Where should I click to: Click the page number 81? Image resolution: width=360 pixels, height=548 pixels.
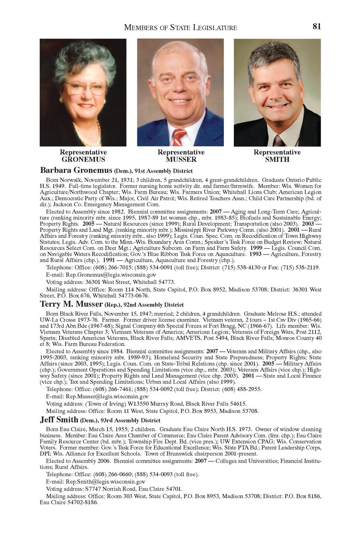(316, 27)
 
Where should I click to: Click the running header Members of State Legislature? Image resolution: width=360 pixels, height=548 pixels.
(181, 27)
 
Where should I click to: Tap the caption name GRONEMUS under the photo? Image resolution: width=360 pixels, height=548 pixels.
(83, 160)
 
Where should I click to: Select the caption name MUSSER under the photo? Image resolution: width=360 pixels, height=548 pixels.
(181, 160)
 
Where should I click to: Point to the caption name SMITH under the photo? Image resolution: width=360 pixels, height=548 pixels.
(277, 160)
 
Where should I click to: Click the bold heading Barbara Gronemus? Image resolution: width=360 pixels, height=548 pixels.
(76, 170)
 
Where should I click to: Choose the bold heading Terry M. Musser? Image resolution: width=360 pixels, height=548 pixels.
(71, 305)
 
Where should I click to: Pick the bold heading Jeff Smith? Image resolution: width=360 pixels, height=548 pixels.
(59, 420)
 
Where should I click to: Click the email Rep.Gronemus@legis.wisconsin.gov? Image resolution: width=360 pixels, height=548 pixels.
(111, 274)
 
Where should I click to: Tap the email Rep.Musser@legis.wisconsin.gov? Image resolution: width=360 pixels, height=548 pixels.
(107, 396)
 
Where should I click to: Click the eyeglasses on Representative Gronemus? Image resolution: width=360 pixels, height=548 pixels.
(85, 88)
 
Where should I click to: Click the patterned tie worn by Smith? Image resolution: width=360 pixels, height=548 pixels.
(278, 140)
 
